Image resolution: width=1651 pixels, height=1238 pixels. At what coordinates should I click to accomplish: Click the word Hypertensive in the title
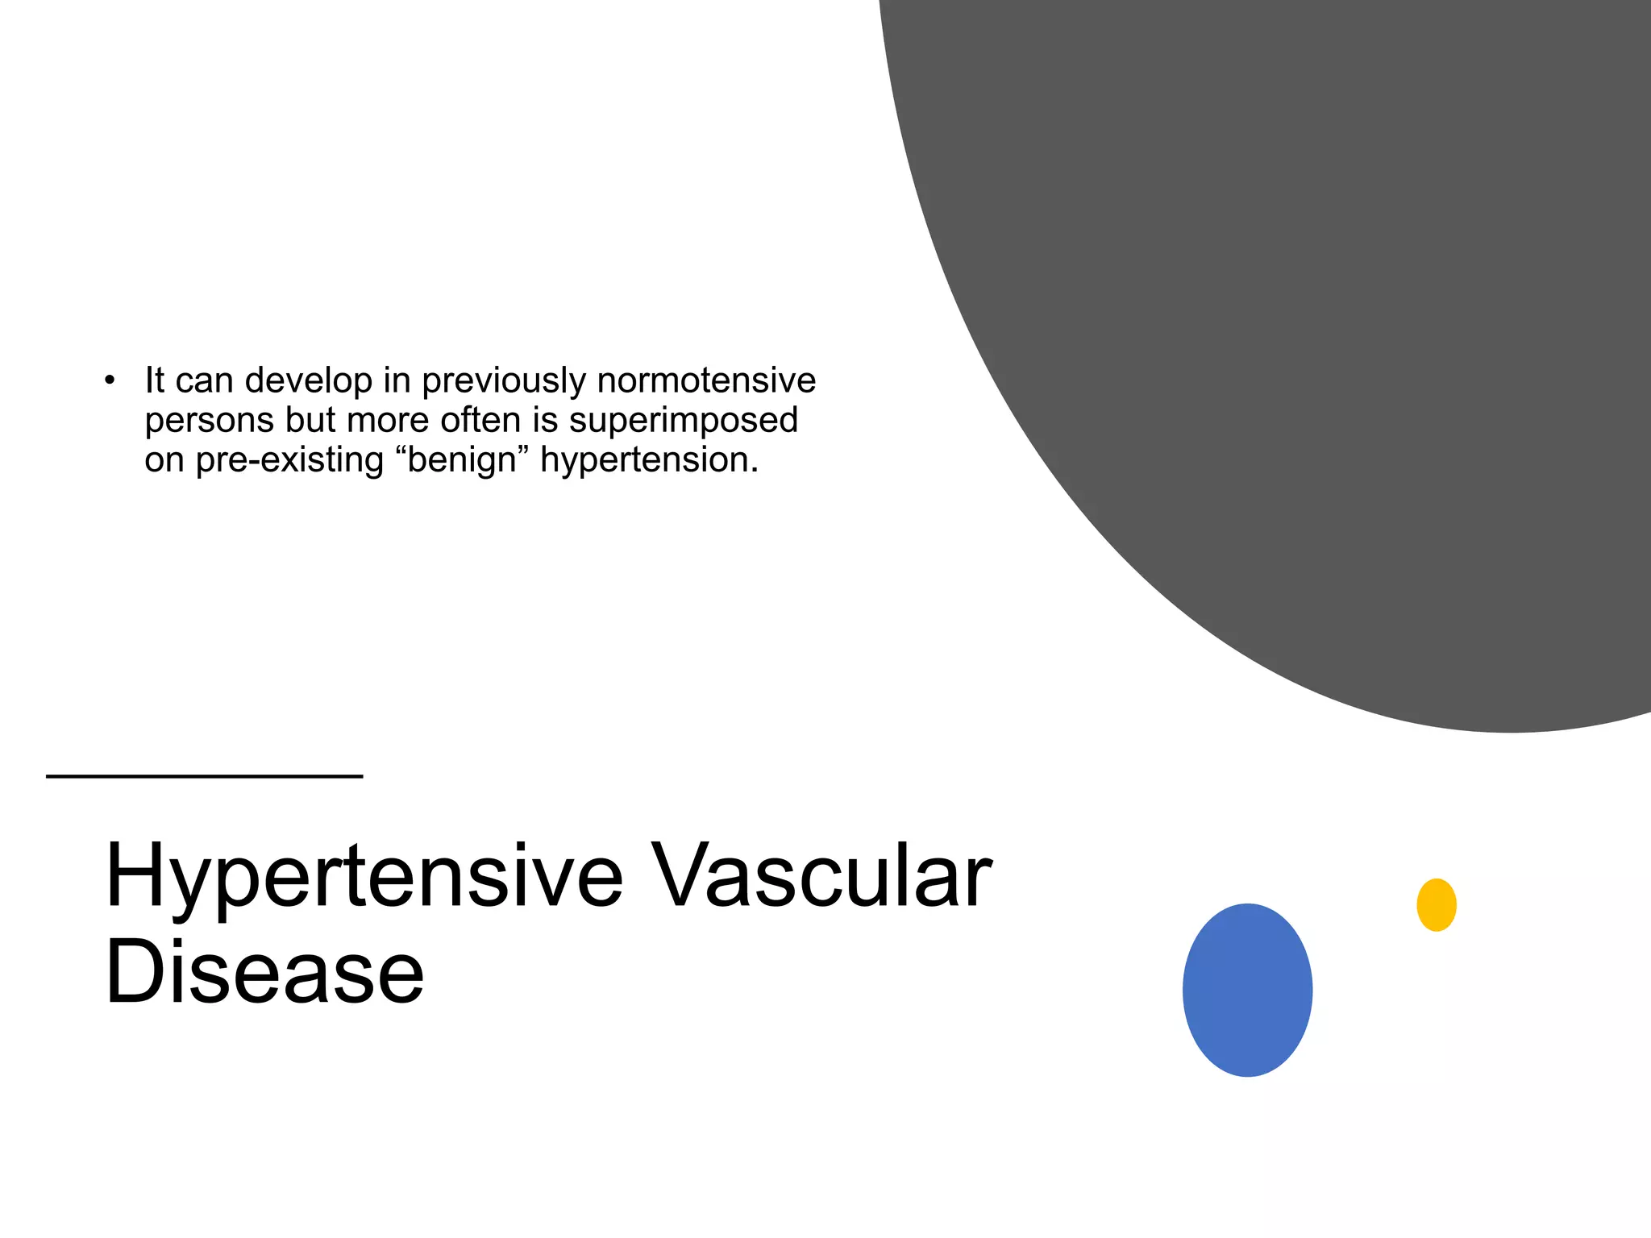(364, 877)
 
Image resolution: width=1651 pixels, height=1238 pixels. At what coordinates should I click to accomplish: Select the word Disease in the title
(264, 972)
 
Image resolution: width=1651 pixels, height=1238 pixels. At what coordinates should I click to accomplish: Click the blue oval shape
(1247, 990)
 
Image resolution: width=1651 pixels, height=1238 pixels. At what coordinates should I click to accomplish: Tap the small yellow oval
(1436, 904)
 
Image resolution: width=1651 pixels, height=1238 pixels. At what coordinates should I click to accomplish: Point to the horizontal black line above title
(204, 776)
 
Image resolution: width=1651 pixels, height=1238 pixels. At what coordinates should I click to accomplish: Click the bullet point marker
(110, 380)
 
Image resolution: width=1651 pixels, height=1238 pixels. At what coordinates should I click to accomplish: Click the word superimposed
(683, 420)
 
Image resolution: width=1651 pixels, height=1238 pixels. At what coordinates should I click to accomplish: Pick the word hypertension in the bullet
(648, 460)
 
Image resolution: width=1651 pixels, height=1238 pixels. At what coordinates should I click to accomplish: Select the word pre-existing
(289, 460)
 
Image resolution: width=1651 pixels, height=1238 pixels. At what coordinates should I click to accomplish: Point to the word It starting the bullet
(154, 380)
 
